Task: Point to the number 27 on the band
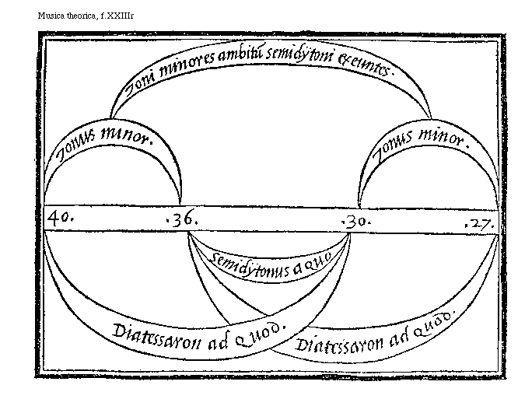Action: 480,223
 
